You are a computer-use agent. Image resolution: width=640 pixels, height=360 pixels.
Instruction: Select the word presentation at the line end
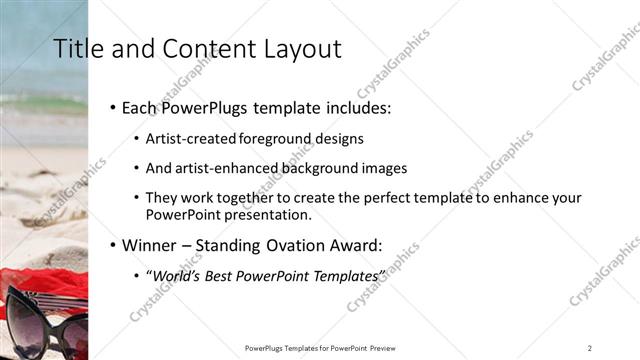[272, 214]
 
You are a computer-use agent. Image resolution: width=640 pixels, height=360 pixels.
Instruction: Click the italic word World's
[176, 274]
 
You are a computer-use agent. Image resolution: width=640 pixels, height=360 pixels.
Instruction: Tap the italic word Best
[222, 274]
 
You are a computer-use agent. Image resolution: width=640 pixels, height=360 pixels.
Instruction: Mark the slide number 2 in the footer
[590, 347]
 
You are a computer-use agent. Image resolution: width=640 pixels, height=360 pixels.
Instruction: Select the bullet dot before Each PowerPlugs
[112, 107]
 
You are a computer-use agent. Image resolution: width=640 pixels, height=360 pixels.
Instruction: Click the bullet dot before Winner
[112, 243]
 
